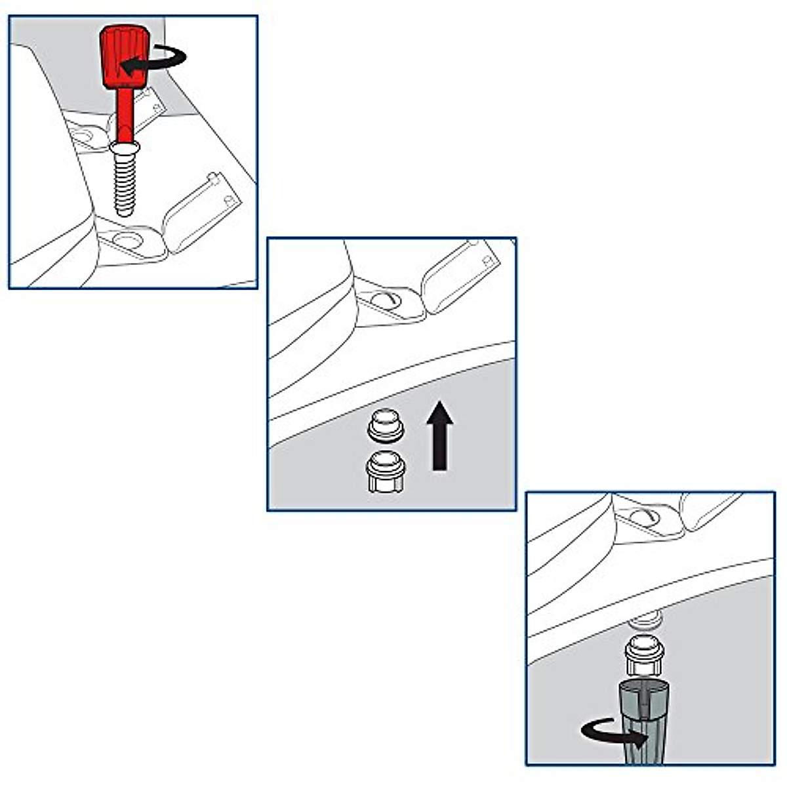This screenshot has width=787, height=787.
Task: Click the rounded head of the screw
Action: [x=123, y=150]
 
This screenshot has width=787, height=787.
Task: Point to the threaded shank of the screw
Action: [x=123, y=187]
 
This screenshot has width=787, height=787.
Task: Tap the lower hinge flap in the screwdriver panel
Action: [x=197, y=213]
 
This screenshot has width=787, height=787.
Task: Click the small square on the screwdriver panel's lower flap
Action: [x=228, y=199]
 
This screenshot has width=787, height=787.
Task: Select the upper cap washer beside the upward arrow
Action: [x=386, y=426]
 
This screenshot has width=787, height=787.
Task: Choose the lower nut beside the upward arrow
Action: [x=386, y=472]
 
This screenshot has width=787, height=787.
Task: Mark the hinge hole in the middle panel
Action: [x=384, y=300]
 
